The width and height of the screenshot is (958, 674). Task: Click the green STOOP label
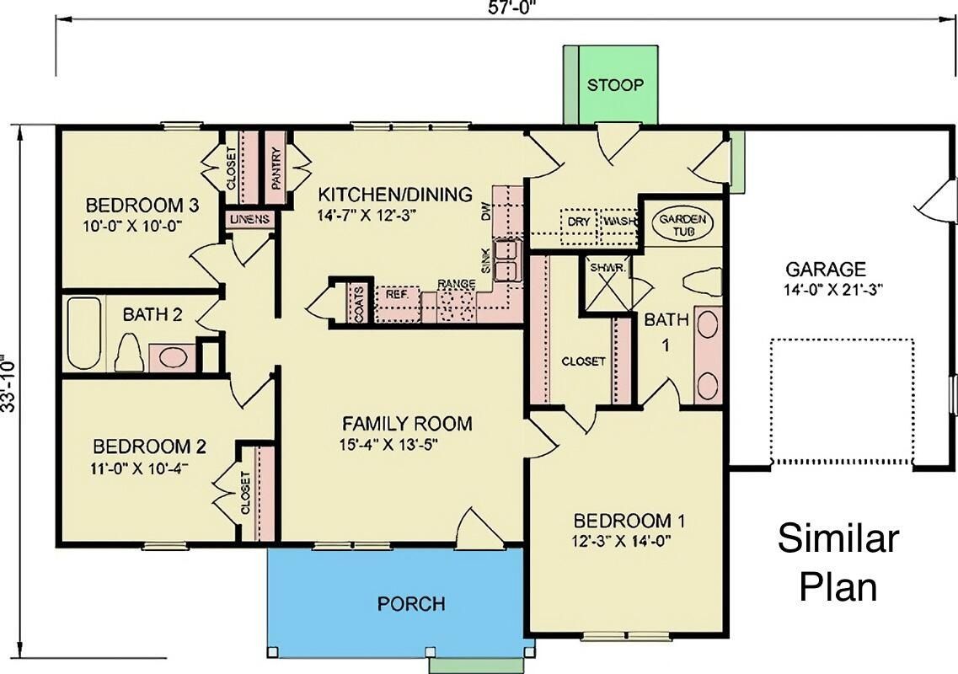click(615, 85)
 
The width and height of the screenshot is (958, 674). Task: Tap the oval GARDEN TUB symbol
click(683, 224)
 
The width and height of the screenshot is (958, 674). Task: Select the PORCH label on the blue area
click(410, 603)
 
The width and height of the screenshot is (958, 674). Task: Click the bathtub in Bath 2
click(83, 333)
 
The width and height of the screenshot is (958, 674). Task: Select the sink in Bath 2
click(172, 356)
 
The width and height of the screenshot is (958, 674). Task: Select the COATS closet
click(359, 301)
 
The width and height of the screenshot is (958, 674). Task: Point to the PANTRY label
click(276, 168)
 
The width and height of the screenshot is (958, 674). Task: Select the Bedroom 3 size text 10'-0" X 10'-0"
click(134, 225)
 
